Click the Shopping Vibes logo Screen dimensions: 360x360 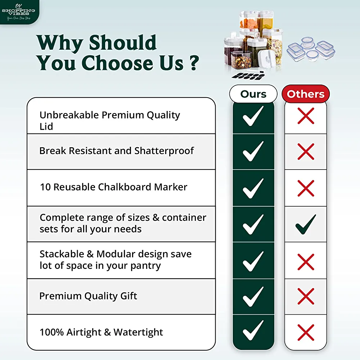(19, 12)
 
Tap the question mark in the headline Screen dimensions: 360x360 (194, 63)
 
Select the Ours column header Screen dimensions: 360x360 (253, 94)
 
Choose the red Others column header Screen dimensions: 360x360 (306, 94)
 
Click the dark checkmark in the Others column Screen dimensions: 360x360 (306, 224)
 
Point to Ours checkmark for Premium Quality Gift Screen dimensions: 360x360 (253, 296)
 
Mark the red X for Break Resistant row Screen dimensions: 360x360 (306, 152)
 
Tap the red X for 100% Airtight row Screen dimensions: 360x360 (306, 332)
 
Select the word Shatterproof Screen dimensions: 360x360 (164, 151)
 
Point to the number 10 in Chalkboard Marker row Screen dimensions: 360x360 (45, 187)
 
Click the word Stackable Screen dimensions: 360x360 (62, 254)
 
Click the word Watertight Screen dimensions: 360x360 (138, 332)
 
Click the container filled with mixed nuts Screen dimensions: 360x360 (241, 60)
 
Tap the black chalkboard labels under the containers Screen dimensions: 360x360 (248, 76)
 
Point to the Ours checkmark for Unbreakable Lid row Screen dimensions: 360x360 (253, 116)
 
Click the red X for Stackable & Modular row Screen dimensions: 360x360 (306, 262)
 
